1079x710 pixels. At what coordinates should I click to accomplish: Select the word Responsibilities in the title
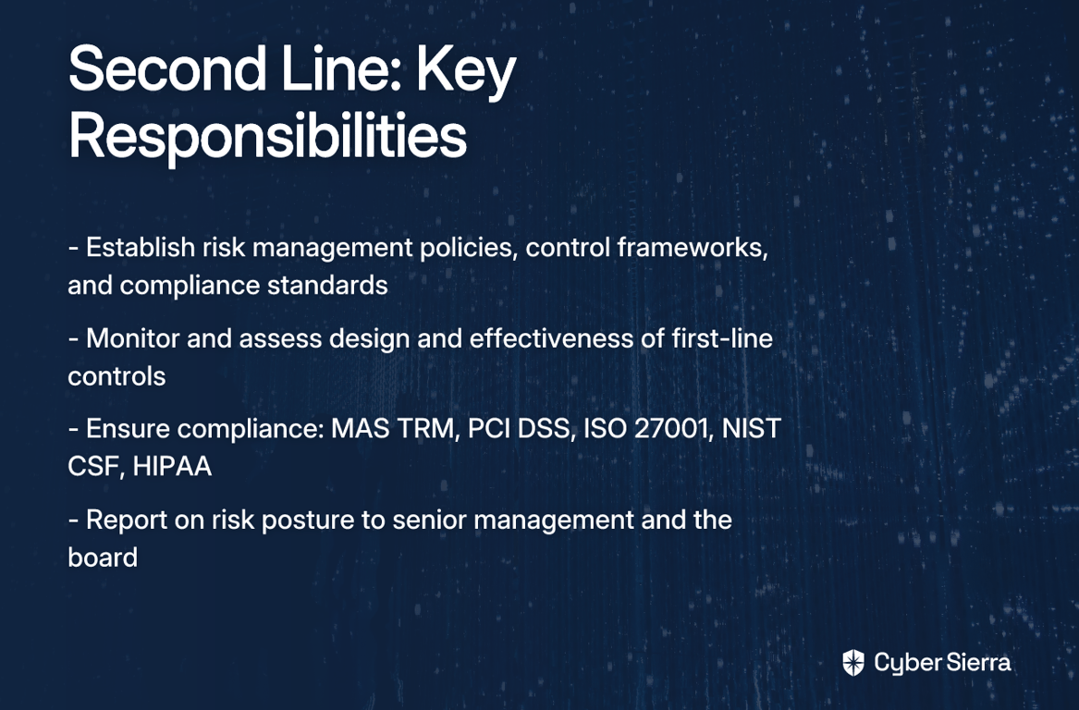point(268,136)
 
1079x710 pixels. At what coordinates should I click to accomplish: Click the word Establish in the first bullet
point(141,248)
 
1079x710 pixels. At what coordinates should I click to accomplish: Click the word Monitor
point(135,338)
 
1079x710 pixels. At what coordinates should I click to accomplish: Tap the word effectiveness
point(550,338)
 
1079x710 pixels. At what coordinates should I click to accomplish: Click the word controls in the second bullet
point(117,376)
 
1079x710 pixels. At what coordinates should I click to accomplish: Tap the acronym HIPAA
point(172,467)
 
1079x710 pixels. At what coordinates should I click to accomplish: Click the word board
point(103,557)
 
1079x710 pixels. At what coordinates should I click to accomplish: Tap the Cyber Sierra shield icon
point(853,663)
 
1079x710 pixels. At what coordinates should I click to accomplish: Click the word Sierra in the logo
point(977,663)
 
